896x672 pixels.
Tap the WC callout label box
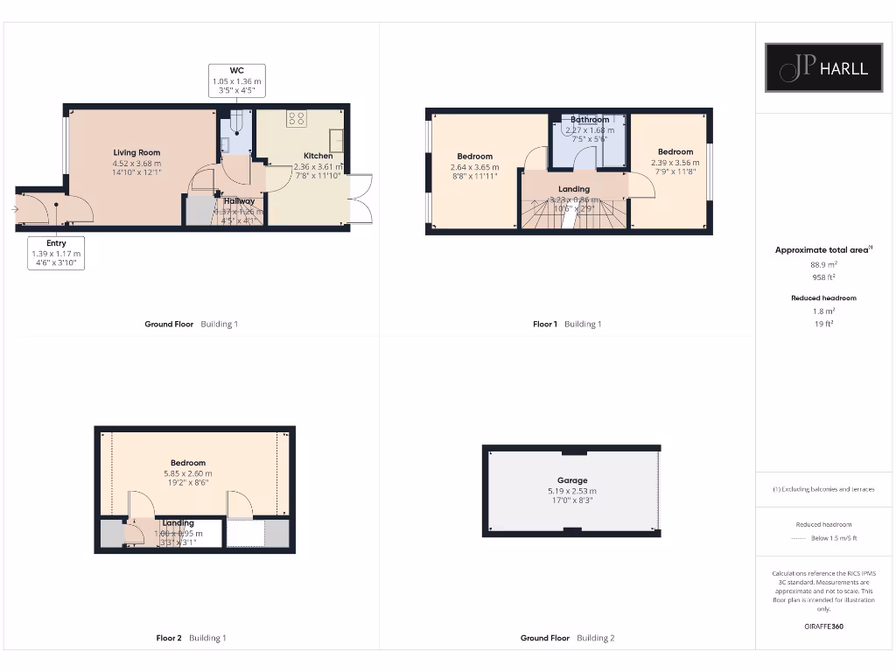click(236, 80)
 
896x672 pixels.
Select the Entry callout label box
click(56, 252)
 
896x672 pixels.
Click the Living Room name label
click(136, 152)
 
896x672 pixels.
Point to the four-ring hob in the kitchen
click(296, 120)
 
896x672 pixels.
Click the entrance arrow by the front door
click(15, 209)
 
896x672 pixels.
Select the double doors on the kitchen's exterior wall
click(360, 199)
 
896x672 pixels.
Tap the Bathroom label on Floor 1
click(590, 120)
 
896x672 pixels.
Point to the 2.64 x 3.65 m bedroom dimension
click(474, 167)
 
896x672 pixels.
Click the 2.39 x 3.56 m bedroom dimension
click(675, 162)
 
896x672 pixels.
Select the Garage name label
click(572, 480)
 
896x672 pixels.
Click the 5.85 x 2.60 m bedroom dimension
click(187, 473)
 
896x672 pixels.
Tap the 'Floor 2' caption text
click(169, 638)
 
